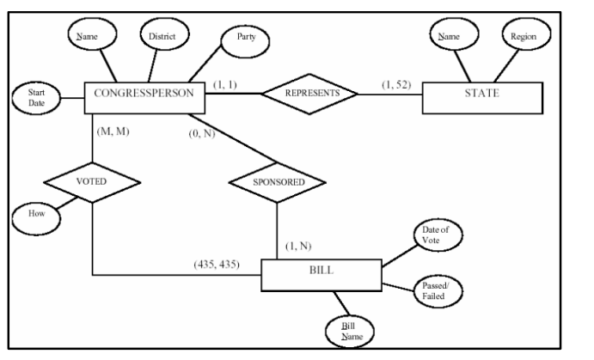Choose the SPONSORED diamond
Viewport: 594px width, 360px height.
coord(277,182)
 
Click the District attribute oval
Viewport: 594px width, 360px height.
coord(164,37)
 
